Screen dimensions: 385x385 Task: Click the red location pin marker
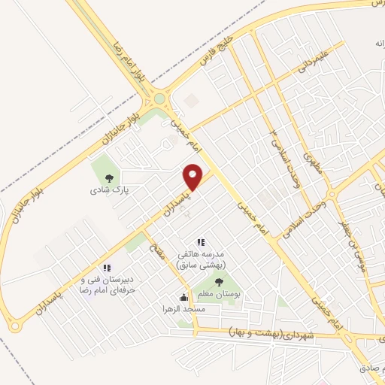click(x=193, y=176)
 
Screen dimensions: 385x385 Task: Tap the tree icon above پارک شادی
click(x=111, y=178)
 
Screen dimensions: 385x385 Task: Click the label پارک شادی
click(x=111, y=191)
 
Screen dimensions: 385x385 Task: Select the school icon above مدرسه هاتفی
click(x=200, y=242)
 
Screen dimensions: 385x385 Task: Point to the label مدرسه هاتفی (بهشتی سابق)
click(x=203, y=259)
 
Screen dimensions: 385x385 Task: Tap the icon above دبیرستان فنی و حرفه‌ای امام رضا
click(x=108, y=268)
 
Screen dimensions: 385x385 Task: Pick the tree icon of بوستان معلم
click(x=219, y=283)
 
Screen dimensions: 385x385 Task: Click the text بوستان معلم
click(x=219, y=296)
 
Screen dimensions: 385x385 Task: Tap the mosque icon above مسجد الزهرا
click(x=183, y=297)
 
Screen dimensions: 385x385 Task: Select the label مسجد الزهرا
click(x=183, y=309)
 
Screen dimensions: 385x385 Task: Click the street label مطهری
click(x=311, y=161)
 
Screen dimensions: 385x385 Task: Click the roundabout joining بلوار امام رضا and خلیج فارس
click(x=158, y=99)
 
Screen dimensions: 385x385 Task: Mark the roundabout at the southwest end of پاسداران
click(x=14, y=325)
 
